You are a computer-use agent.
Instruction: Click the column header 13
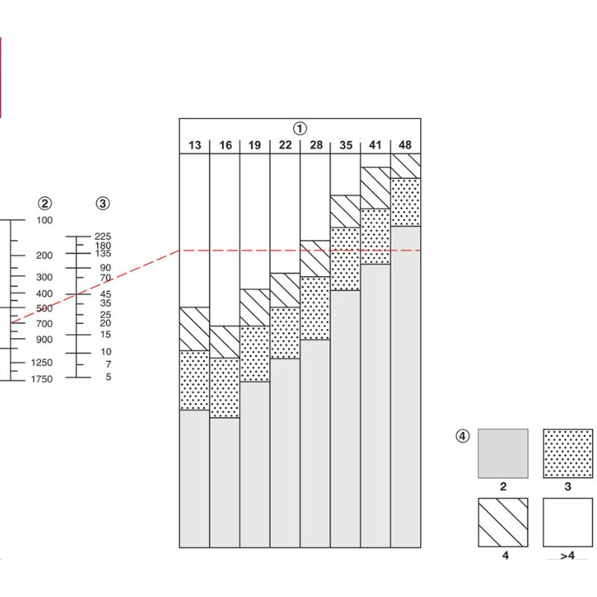(195, 146)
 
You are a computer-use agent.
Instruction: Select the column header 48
(405, 146)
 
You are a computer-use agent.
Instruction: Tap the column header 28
(316, 146)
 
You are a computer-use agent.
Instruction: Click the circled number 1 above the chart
(300, 128)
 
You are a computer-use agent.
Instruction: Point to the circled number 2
(46, 203)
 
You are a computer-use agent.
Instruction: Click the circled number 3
(103, 203)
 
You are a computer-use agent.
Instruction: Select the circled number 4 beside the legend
(463, 437)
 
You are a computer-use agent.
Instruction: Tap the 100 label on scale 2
(45, 220)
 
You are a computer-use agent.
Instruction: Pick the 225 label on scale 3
(103, 237)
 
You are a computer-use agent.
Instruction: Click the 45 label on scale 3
(105, 294)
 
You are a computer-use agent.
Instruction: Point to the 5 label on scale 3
(107, 378)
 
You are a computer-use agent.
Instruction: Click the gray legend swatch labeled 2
(503, 453)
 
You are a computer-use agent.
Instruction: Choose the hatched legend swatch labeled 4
(503, 522)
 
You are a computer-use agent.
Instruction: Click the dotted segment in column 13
(195, 380)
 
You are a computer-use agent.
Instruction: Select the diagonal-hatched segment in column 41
(375, 188)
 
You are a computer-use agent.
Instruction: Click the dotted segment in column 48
(405, 201)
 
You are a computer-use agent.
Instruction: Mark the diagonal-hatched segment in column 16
(225, 342)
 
